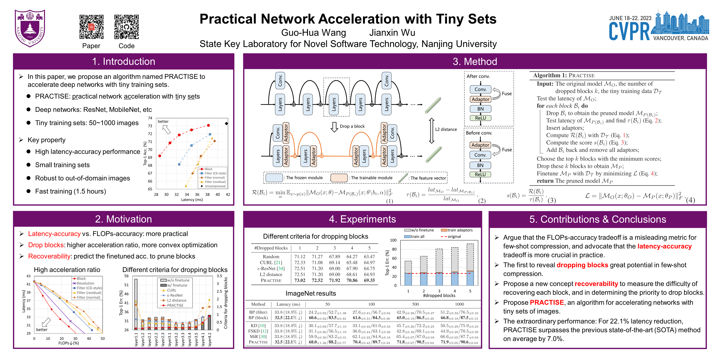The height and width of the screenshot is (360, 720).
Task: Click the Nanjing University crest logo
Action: tap(30, 28)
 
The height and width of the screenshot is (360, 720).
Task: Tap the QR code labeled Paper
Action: tap(91, 27)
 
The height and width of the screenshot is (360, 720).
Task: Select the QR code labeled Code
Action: tap(126, 27)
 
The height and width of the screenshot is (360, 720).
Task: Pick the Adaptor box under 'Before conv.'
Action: tap(480, 145)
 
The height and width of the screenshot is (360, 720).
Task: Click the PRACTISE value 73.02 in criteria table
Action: tap(300, 280)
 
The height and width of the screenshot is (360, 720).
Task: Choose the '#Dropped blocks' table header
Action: tap(271, 248)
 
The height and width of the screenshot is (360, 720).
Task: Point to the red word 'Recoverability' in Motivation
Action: tap(49, 256)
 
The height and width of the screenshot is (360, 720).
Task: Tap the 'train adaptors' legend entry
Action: tap(460, 230)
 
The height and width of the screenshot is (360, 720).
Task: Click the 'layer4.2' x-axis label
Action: tap(210, 339)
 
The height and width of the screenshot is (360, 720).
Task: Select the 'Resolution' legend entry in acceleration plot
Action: tap(85, 283)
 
